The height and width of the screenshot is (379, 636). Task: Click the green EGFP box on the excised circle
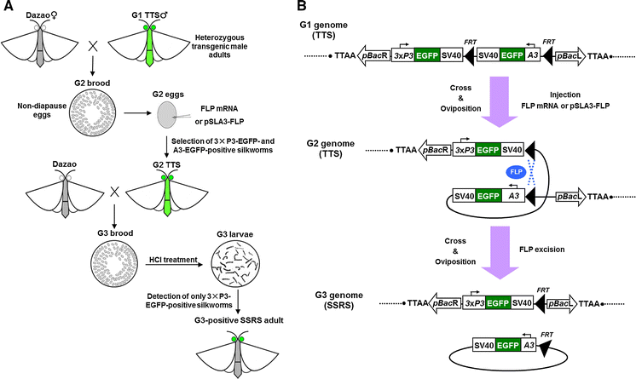514,348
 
